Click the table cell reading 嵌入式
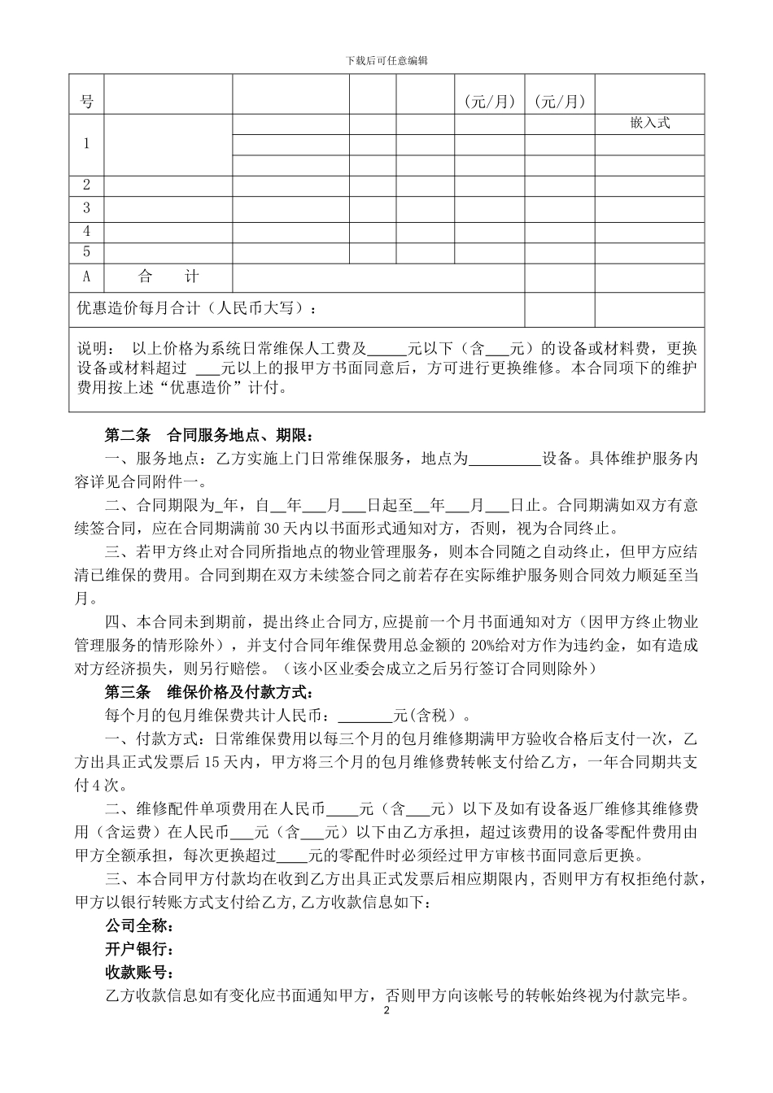649,123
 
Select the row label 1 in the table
87,144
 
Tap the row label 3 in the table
87,208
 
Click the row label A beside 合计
87,277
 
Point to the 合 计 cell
168,277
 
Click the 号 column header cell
87,102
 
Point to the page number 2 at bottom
386,1011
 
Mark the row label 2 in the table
87,185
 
